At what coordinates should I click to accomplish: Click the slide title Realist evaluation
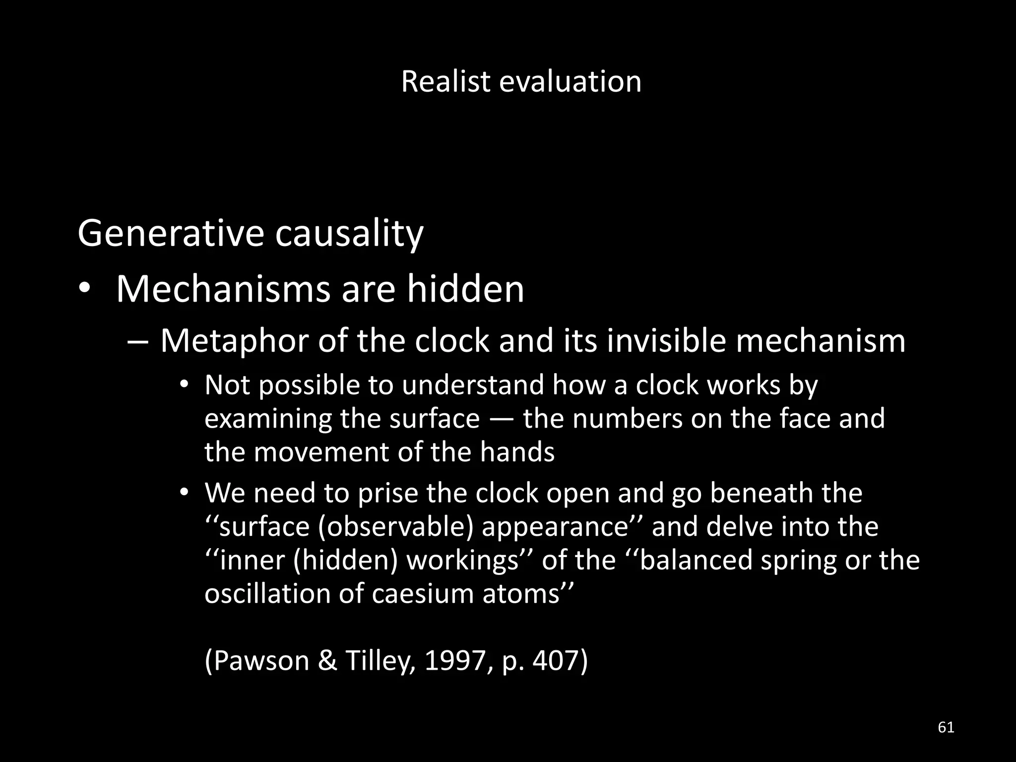521,81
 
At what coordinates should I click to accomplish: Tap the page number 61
946,727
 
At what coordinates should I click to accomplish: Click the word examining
268,419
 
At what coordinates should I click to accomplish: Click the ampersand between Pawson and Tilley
327,661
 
